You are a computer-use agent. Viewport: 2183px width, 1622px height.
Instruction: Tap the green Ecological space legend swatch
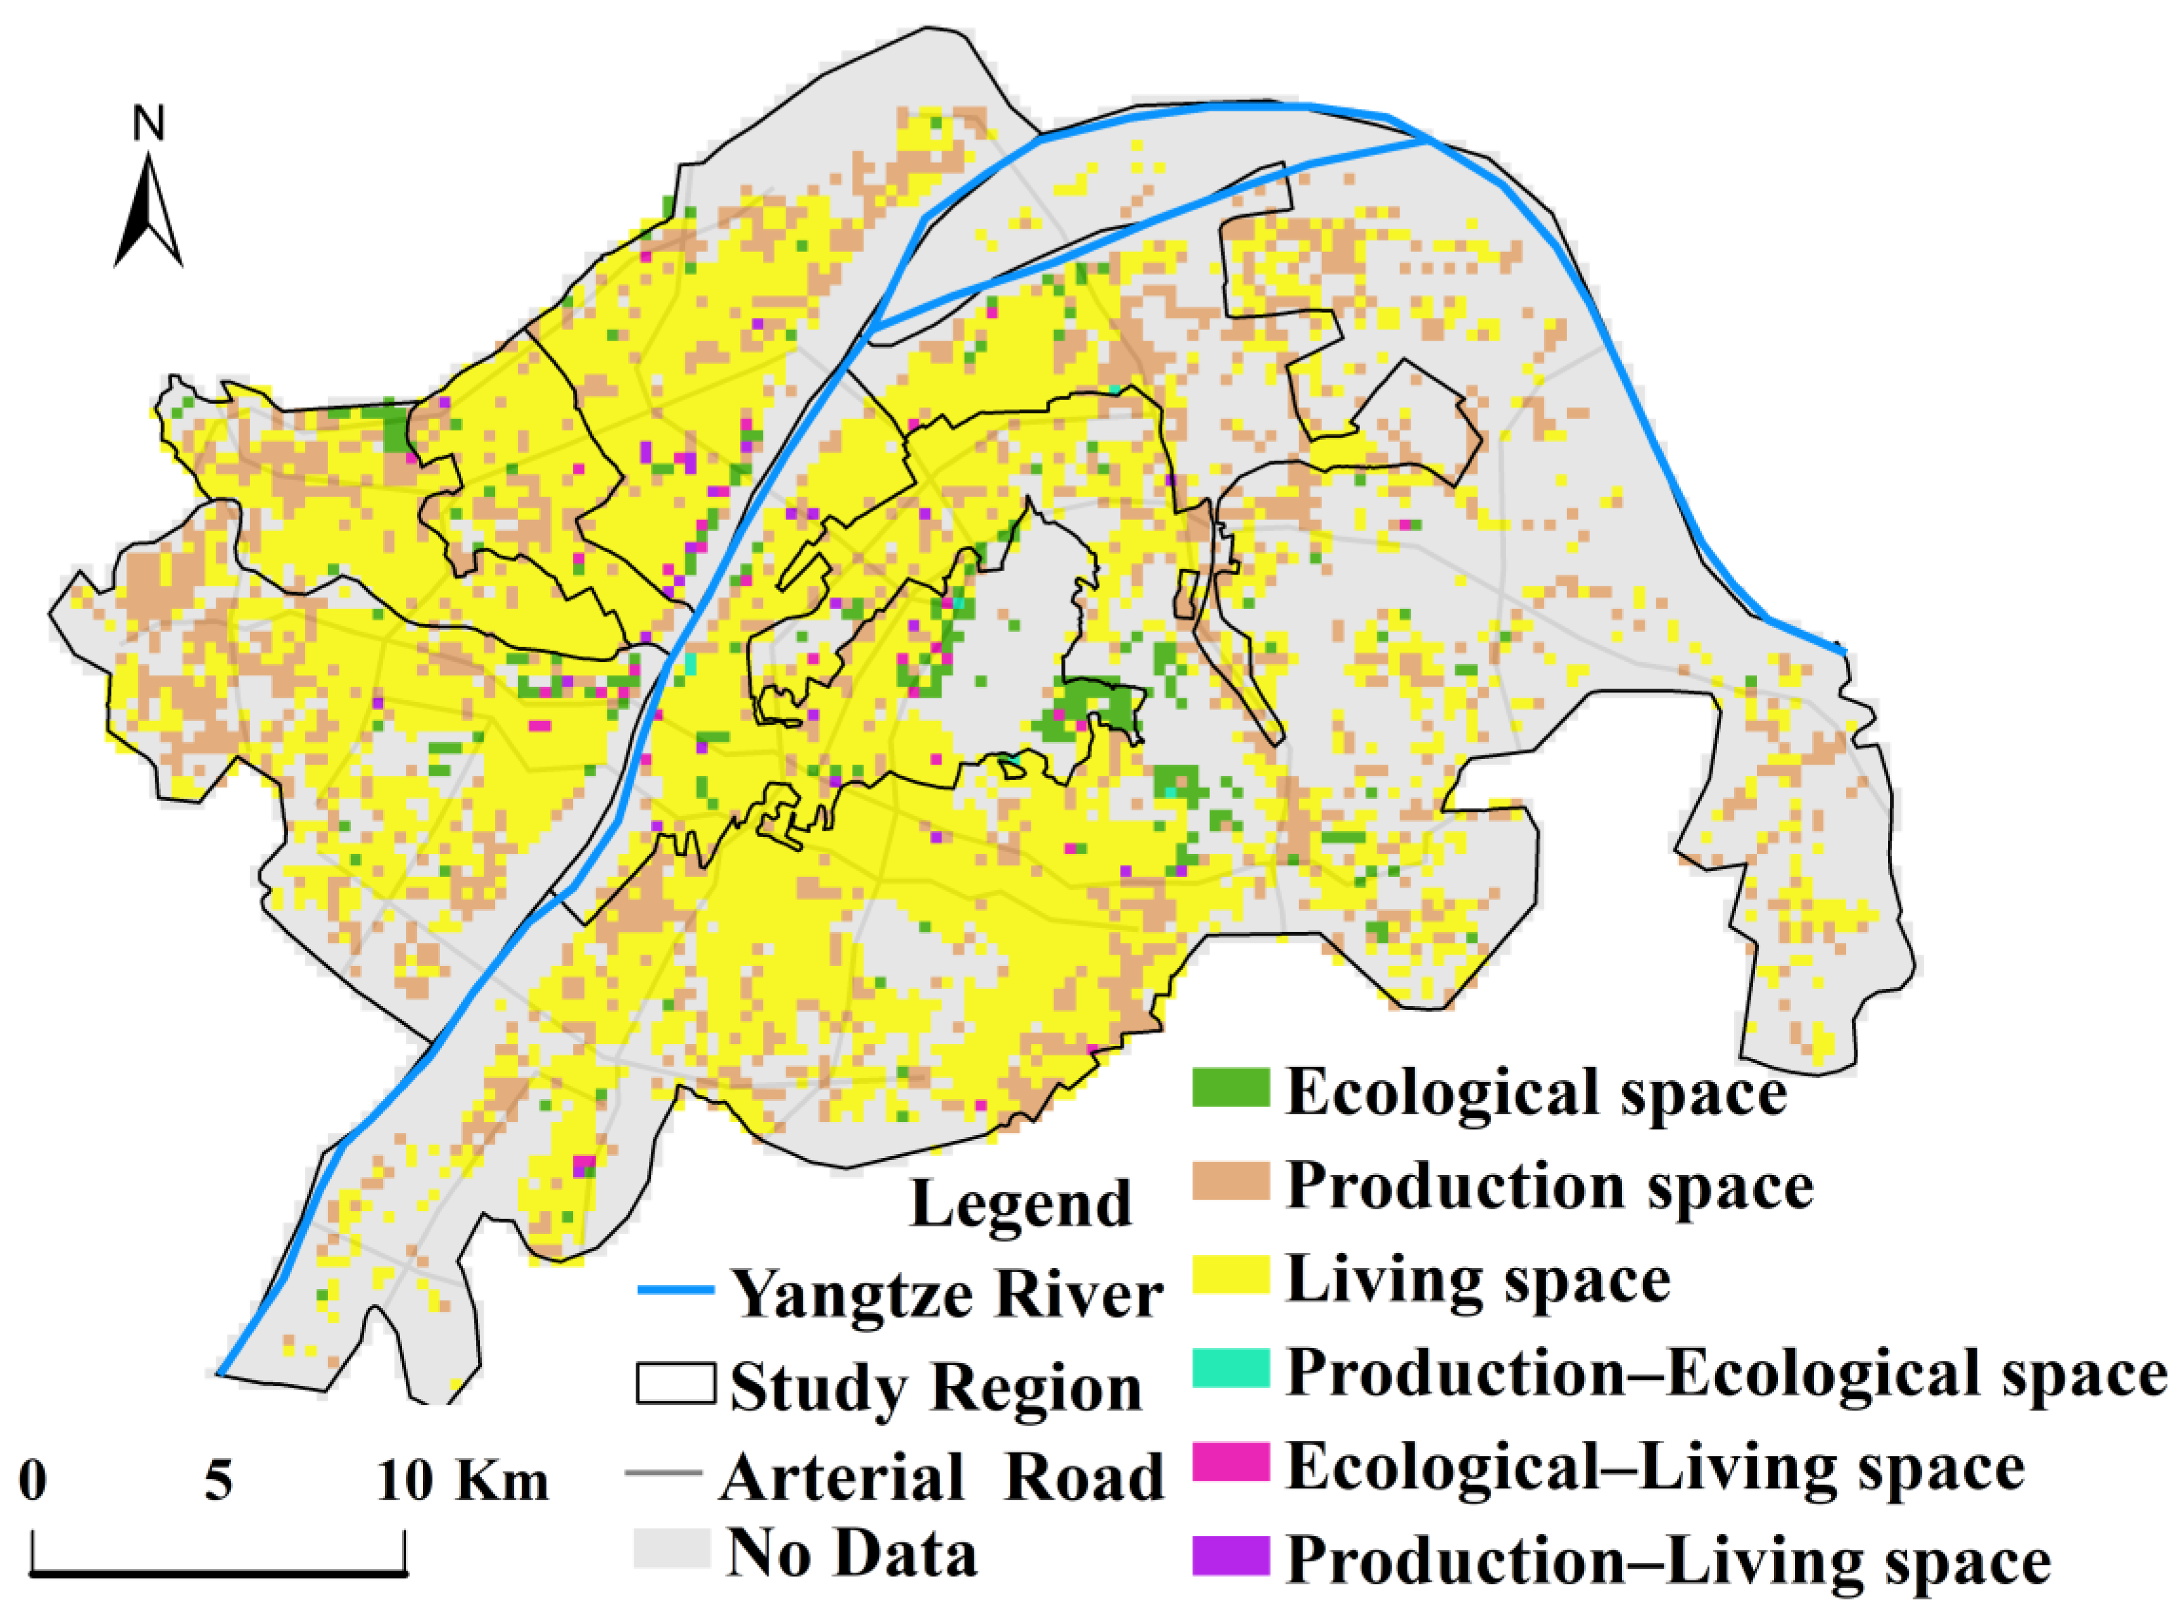click(x=1230, y=1087)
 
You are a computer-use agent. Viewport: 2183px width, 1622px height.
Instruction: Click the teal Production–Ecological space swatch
click(x=1230, y=1367)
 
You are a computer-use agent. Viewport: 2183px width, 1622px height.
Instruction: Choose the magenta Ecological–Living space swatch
click(x=1230, y=1462)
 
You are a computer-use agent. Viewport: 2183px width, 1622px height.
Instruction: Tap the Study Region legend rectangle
click(x=676, y=1383)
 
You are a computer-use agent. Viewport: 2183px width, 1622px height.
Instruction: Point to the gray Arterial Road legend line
click(x=664, y=1473)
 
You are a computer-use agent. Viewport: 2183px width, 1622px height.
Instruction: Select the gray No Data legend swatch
click(x=672, y=1549)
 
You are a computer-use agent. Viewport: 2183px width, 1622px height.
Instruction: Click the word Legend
click(x=1021, y=1203)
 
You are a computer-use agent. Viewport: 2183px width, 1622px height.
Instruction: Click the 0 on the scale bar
click(x=32, y=1480)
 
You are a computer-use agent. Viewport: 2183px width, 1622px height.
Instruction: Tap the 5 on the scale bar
click(x=218, y=1480)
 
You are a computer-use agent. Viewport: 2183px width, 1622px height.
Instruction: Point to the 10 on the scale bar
click(x=405, y=1480)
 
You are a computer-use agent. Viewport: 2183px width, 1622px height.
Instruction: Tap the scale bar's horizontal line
click(x=218, y=1574)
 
